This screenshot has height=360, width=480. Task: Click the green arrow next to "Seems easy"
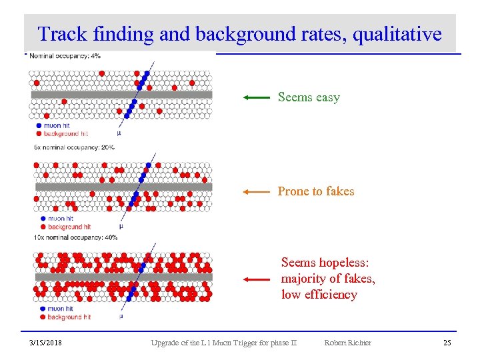[x=256, y=97]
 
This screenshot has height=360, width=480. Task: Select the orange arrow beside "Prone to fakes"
[x=256, y=191]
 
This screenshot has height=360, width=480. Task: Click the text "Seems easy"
[x=309, y=97]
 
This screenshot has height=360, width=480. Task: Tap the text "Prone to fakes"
[x=315, y=191]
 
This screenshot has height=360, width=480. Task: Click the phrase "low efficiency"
[x=319, y=295]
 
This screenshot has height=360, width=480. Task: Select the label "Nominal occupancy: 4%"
[x=65, y=56]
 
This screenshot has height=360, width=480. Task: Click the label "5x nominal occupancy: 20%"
[x=74, y=147]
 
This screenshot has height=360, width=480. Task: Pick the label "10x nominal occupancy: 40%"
[x=75, y=237]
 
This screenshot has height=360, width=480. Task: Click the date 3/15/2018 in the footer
[x=46, y=343]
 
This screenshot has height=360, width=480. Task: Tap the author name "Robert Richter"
[x=347, y=343]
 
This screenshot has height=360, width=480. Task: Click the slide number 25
[x=447, y=343]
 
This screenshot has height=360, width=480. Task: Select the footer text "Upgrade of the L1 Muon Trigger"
[x=213, y=343]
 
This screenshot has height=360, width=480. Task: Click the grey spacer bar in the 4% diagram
[x=121, y=95]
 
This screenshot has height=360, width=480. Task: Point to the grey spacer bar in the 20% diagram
[x=123, y=187]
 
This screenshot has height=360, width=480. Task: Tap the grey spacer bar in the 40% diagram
[x=123, y=277]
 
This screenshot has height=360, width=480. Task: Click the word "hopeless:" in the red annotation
[x=347, y=263]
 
